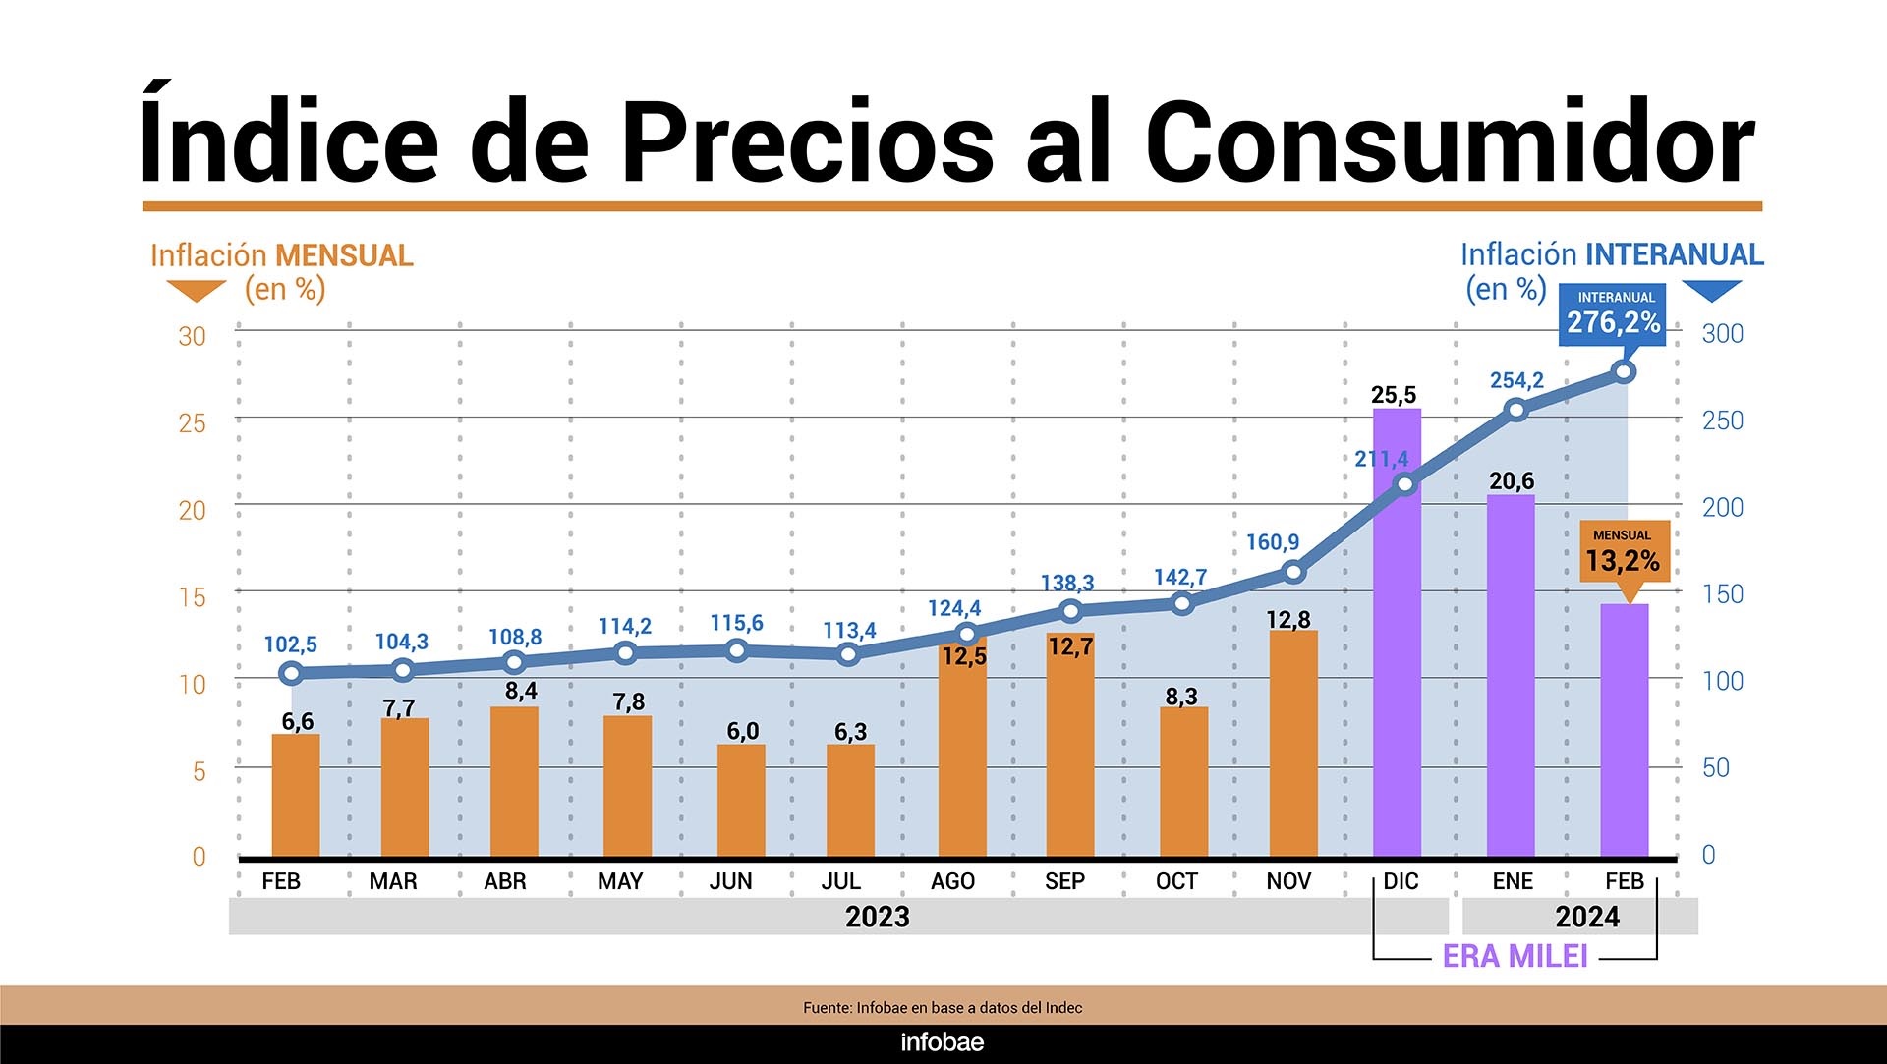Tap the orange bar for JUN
741,800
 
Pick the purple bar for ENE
1511,678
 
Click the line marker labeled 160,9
1294,572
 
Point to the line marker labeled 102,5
290,673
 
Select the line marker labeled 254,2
1516,410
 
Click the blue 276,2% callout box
1613,314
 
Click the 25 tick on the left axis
193,423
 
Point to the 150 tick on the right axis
1723,594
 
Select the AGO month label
952,881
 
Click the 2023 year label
878,917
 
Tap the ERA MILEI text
1515,956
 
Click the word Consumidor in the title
1450,142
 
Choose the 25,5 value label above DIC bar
1394,395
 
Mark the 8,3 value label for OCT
1181,697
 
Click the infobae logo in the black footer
943,1042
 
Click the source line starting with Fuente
943,1007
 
